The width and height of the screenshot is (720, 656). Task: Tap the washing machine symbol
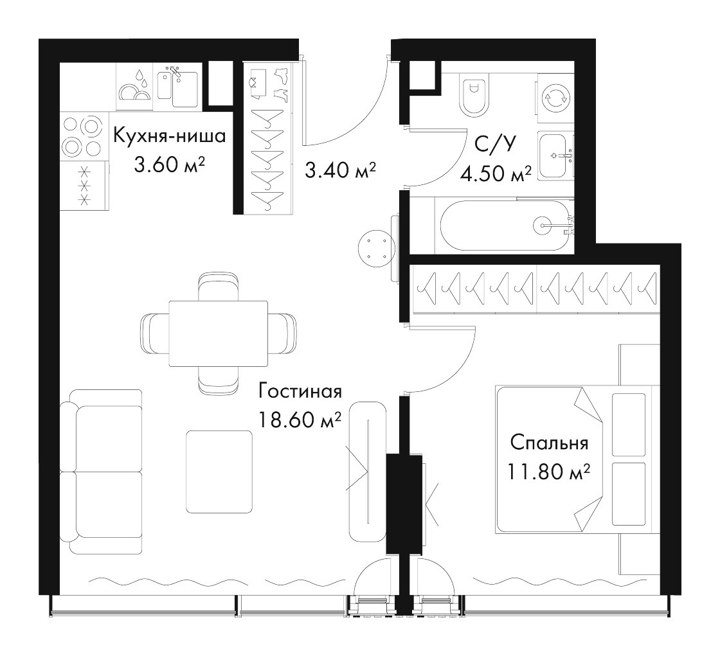pyautogui.click(x=555, y=97)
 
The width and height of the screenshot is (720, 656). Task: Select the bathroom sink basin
pyautogui.click(x=553, y=155)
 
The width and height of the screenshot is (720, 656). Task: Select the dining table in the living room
pyautogui.click(x=219, y=333)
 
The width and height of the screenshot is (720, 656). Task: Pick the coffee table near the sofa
pyautogui.click(x=219, y=472)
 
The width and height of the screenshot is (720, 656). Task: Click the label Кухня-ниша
pyautogui.click(x=170, y=136)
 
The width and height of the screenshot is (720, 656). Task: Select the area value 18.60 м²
pyautogui.click(x=300, y=420)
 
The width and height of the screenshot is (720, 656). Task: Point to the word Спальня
pyautogui.click(x=549, y=443)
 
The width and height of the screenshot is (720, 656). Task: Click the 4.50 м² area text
pyautogui.click(x=496, y=174)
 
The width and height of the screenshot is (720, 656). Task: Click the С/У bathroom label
pyautogui.click(x=495, y=144)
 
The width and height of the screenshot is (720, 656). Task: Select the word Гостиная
pyautogui.click(x=300, y=391)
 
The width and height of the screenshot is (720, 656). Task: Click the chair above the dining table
pyautogui.click(x=219, y=287)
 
